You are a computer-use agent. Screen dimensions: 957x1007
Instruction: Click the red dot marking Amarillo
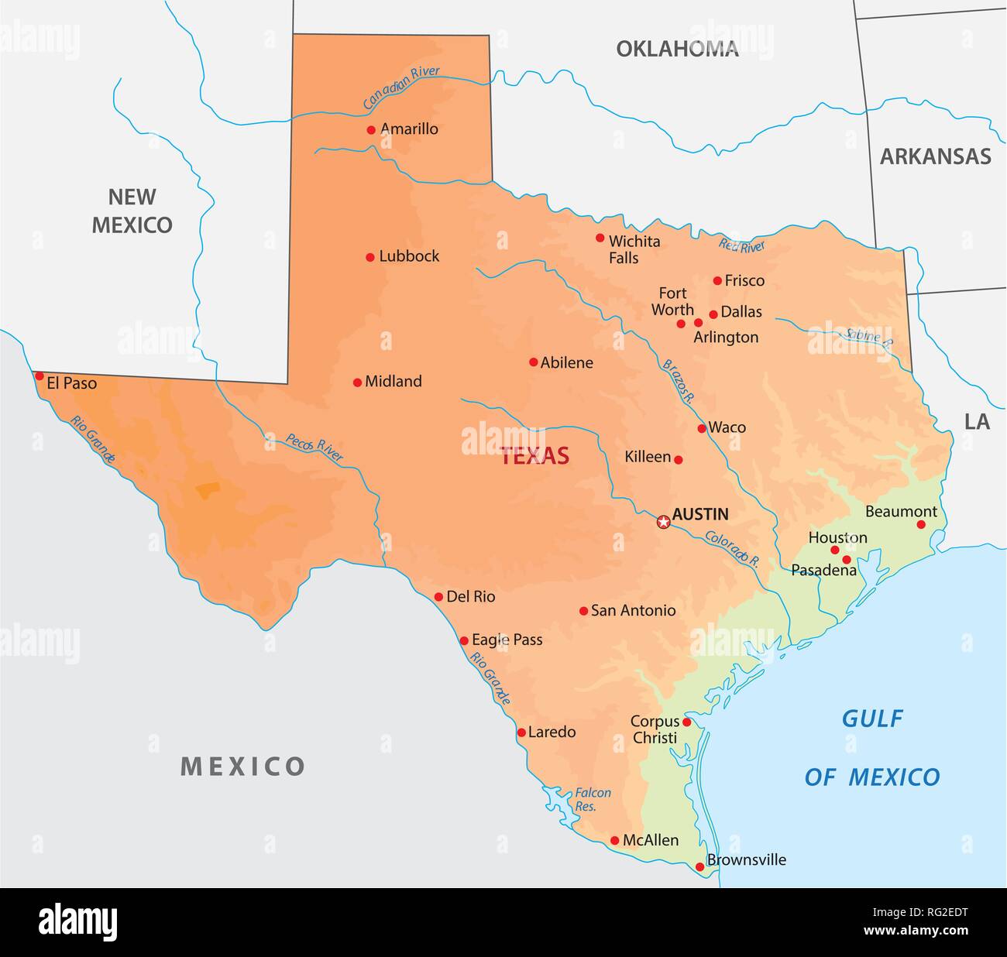pyautogui.click(x=371, y=130)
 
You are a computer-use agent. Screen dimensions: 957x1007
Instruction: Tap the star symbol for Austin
pyautogui.click(x=663, y=522)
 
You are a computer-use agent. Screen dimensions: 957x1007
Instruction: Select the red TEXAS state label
pyautogui.click(x=534, y=456)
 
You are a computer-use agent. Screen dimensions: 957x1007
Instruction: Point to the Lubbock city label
pyautogui.click(x=409, y=256)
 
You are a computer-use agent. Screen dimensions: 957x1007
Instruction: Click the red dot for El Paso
pyautogui.click(x=40, y=376)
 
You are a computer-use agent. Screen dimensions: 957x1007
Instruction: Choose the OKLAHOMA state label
pyautogui.click(x=677, y=50)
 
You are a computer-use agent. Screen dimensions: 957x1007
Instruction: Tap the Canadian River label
pyautogui.click(x=401, y=87)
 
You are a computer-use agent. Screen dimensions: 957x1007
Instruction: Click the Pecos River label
pyautogui.click(x=314, y=448)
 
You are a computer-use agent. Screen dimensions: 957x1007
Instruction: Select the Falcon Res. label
pyautogui.click(x=592, y=799)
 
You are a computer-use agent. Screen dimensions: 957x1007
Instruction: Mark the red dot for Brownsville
pyautogui.click(x=699, y=867)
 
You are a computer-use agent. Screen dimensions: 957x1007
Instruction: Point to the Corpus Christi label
pyautogui.click(x=655, y=729)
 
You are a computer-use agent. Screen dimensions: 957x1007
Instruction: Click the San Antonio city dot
pyautogui.click(x=583, y=611)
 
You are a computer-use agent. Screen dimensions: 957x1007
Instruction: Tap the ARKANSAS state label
pyautogui.click(x=935, y=156)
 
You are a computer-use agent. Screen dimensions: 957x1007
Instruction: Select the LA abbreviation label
pyautogui.click(x=977, y=422)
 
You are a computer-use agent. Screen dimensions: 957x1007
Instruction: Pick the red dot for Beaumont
pyautogui.click(x=921, y=524)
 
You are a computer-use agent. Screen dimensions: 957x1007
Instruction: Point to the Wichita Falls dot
pyautogui.click(x=600, y=238)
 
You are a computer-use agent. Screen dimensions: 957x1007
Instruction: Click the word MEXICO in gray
pyautogui.click(x=242, y=767)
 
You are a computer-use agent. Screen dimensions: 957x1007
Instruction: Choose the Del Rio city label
pyautogui.click(x=470, y=597)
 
